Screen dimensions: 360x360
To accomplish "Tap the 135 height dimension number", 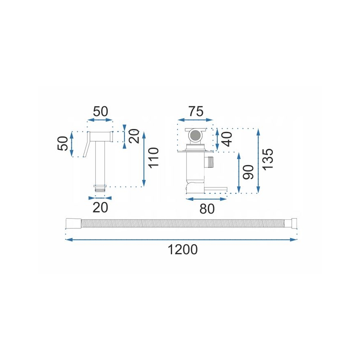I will click(268, 158).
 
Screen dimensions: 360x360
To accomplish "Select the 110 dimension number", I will click(153, 158).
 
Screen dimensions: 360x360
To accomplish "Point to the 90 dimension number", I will click(248, 171).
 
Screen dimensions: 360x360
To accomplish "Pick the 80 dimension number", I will click(207, 209).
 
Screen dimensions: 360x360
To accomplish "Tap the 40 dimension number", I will click(227, 139).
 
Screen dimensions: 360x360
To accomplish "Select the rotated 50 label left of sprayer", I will click(63, 144).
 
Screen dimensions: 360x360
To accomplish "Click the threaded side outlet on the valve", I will click(211, 162).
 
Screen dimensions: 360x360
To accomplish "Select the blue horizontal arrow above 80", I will click(207, 199).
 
